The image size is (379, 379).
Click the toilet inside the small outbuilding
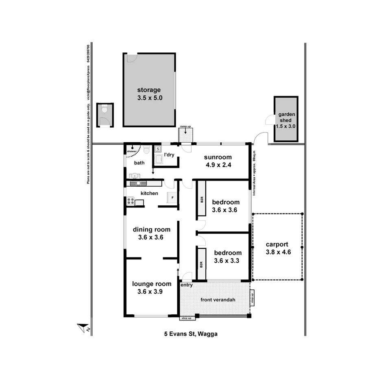tap(105, 109)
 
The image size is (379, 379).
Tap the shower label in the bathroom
tap(132, 151)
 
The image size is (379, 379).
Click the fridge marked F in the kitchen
tap(172, 198)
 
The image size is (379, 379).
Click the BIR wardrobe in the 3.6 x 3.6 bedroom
tap(202, 200)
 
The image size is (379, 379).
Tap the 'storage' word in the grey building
tap(149, 90)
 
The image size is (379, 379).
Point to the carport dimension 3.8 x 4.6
tap(277, 252)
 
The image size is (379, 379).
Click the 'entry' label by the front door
tap(187, 285)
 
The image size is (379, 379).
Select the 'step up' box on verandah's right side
tap(252, 298)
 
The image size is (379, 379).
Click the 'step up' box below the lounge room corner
tap(186, 318)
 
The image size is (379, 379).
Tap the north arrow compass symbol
tap(83, 328)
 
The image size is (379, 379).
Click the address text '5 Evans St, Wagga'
tap(191, 334)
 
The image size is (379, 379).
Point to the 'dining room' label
tap(152, 229)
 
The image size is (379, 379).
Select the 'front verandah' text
tap(218, 300)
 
